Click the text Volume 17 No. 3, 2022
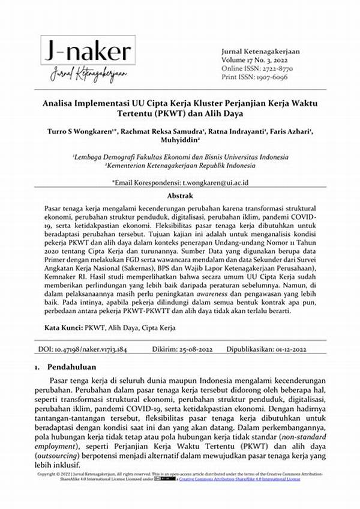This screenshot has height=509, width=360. click(x=254, y=60)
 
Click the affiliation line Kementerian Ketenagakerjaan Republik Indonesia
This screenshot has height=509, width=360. click(x=179, y=164)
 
